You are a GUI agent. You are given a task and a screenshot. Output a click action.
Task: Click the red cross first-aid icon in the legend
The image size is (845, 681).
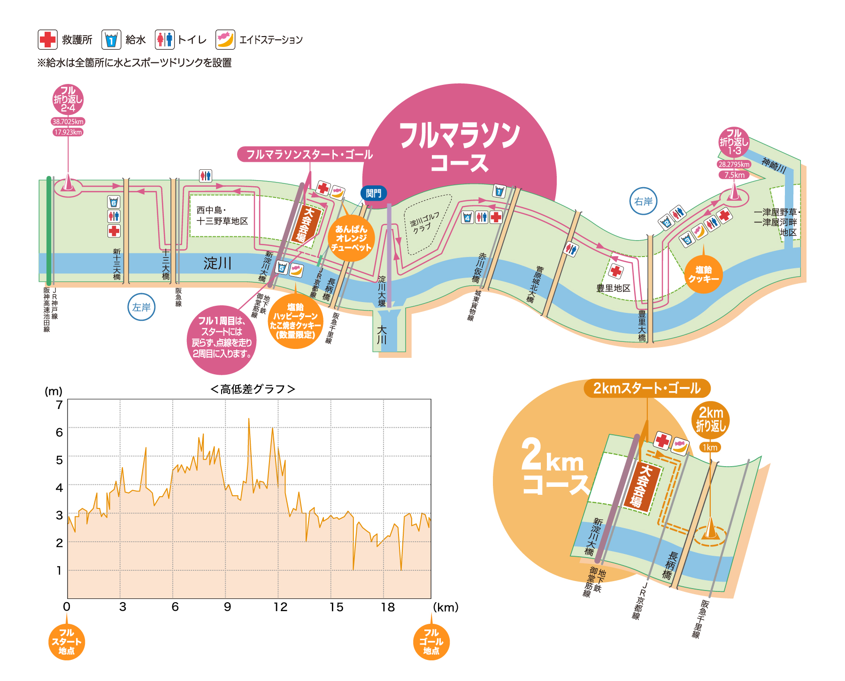[x=47, y=40]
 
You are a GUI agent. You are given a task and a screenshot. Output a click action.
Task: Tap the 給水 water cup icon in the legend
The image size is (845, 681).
[x=111, y=40]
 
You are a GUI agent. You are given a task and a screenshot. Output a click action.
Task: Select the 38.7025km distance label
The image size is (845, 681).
[x=68, y=121]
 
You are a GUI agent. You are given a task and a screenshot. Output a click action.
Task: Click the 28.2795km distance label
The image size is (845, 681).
[x=734, y=164]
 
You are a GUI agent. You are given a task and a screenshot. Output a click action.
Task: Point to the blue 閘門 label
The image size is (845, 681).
[x=374, y=193]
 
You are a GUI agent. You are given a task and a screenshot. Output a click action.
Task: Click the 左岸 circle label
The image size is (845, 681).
[x=141, y=307]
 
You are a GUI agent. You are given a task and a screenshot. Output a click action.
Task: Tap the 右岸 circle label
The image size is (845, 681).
[x=643, y=202]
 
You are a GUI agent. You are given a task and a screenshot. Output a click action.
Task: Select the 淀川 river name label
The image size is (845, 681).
[x=217, y=264]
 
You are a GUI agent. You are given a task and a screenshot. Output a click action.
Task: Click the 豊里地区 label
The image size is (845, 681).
[x=613, y=288]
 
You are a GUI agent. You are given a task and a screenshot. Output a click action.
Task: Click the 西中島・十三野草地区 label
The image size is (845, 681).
[x=222, y=216]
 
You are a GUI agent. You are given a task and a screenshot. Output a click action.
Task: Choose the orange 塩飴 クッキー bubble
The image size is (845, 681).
[x=703, y=274]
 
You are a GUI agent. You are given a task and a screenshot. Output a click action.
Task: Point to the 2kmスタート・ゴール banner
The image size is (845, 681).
[x=647, y=388]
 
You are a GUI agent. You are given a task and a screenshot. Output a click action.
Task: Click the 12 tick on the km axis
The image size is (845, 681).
[x=280, y=607]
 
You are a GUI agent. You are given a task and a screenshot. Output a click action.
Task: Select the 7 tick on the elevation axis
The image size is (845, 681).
[x=59, y=405]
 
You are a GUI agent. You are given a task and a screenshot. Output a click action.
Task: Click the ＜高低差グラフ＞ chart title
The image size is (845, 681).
[x=253, y=389]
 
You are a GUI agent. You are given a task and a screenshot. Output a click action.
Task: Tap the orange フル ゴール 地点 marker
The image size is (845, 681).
[x=431, y=642]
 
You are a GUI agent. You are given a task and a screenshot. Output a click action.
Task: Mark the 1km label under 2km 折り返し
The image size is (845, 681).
[x=710, y=447]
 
